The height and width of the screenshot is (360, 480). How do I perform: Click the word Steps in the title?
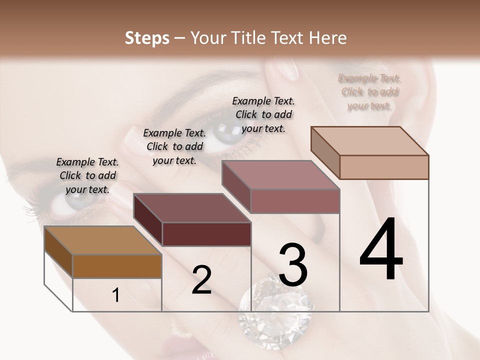point(146,38)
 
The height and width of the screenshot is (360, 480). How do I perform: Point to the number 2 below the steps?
point(201,280)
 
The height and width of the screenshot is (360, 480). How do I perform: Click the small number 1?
point(116,295)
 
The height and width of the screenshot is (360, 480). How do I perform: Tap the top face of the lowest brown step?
point(102,240)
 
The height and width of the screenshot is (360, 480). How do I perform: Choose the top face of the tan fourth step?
point(369,141)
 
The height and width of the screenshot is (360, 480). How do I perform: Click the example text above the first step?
point(87,175)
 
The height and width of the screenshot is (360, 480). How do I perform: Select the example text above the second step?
point(174,146)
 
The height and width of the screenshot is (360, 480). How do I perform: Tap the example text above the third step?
point(263,114)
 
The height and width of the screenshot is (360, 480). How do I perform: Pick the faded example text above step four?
point(369,91)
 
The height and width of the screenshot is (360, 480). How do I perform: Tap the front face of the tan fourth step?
point(384,167)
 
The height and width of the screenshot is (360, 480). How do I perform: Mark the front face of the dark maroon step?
point(206,234)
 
